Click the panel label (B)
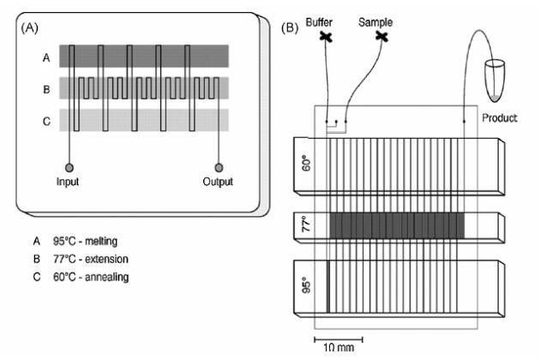point(292,27)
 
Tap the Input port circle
point(69,166)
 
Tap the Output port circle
point(219,166)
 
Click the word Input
point(69,182)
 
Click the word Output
point(219,182)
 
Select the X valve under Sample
point(382,37)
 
